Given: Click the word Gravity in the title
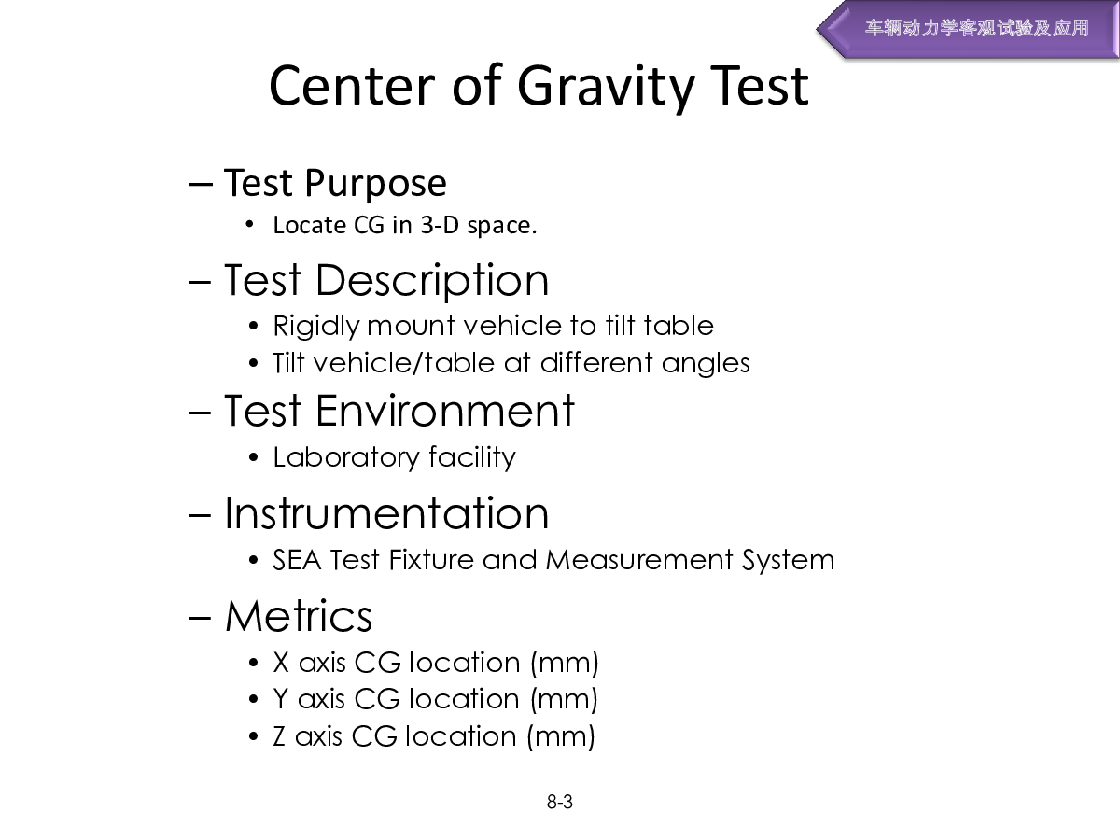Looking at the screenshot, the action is [605, 88].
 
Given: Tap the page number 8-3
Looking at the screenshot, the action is [560, 802].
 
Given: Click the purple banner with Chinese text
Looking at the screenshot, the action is [968, 29].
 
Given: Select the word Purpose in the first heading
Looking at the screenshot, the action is [375, 184].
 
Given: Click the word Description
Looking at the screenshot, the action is [432, 282].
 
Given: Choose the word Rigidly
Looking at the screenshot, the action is [315, 327].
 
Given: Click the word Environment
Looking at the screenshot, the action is [445, 411].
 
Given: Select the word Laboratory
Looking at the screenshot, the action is [346, 458].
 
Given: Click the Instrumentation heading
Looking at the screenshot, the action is [386, 513].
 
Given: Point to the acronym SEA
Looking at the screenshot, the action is [297, 560].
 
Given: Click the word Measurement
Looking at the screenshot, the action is [639, 560].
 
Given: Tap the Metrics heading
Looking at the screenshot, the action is [299, 617].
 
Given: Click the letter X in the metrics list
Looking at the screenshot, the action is [281, 663].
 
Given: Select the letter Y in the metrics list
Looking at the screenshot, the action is [281, 699].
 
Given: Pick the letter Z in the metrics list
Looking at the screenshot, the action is [279, 736].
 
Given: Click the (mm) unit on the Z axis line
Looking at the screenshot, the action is [561, 737].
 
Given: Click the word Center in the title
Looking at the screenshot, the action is [352, 88].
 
